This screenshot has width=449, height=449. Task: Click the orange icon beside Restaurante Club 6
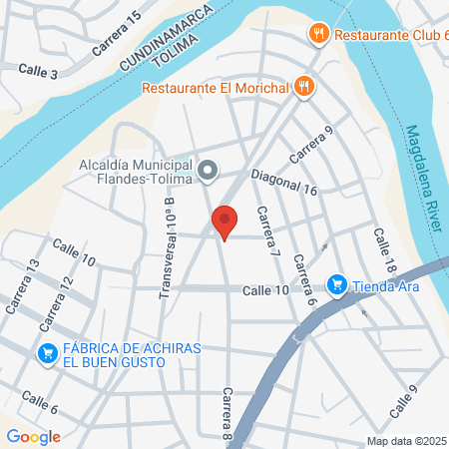319,33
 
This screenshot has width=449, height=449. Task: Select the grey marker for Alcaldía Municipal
208,173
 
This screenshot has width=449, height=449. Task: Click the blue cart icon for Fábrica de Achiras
46,353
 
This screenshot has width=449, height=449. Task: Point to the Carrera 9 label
309,147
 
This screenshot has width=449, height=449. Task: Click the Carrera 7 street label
266,230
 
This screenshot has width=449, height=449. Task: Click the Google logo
33,436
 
